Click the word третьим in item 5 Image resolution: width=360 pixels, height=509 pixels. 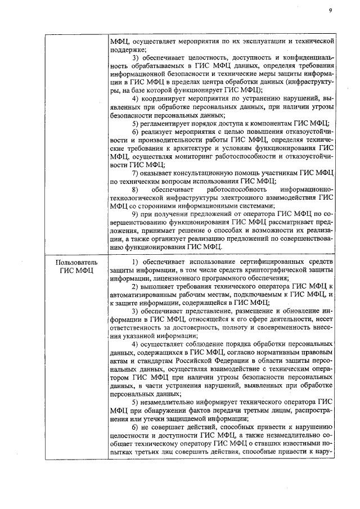(256, 409)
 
